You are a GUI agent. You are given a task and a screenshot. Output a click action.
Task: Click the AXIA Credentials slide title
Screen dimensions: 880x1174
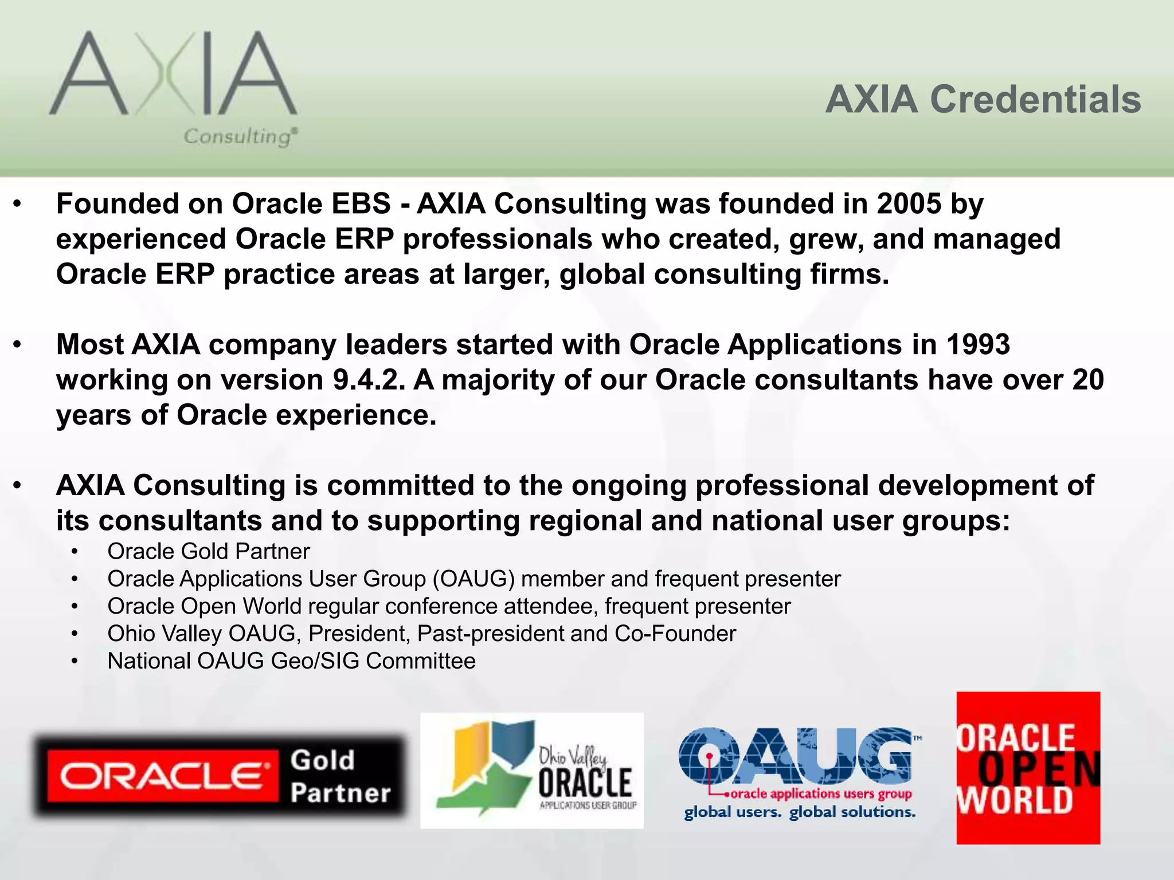(x=983, y=100)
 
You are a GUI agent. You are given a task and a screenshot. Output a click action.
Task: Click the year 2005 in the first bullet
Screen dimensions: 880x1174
(x=909, y=204)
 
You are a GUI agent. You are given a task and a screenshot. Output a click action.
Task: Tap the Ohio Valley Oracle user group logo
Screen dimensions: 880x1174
(x=531, y=770)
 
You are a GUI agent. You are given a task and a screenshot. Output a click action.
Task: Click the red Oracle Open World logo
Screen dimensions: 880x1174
(x=1028, y=768)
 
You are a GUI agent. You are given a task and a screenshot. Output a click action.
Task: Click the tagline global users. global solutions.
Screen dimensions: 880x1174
(x=800, y=812)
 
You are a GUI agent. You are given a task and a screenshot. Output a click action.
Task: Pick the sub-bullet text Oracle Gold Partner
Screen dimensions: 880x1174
(x=208, y=551)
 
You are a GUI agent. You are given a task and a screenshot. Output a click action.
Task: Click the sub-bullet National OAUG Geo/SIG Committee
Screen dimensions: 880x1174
(x=291, y=661)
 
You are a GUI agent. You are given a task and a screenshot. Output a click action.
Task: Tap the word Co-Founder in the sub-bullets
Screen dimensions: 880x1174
(x=675, y=634)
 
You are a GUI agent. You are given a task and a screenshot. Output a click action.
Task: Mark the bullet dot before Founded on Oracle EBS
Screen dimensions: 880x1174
(x=18, y=204)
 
